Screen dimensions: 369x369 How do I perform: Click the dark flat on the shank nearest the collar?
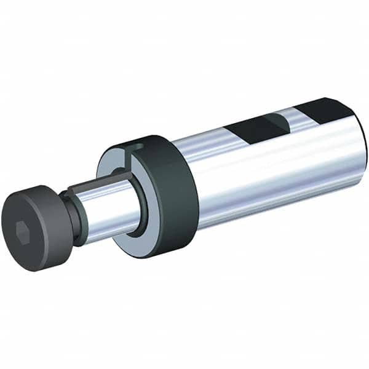(252, 129)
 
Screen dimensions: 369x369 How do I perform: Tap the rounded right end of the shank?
(363, 145)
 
